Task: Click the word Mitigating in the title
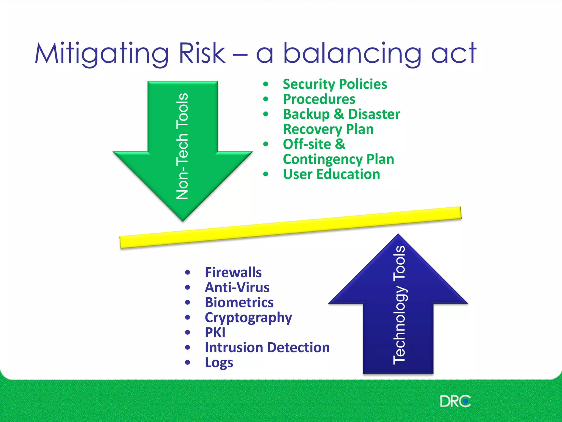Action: click(102, 54)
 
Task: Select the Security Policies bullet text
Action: click(335, 84)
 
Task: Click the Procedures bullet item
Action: click(319, 99)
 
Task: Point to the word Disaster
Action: click(374, 114)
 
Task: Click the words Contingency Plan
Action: click(338, 159)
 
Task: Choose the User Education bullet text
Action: click(331, 174)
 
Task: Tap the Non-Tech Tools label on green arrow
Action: click(182, 146)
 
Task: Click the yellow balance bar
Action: click(290, 227)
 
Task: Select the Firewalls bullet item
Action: click(233, 273)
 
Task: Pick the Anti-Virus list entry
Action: click(237, 288)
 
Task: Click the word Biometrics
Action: click(239, 302)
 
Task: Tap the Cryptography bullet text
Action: click(248, 318)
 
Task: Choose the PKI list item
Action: click(215, 333)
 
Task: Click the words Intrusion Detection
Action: click(267, 348)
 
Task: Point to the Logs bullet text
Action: click(219, 363)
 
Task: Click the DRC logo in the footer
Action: click(455, 401)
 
